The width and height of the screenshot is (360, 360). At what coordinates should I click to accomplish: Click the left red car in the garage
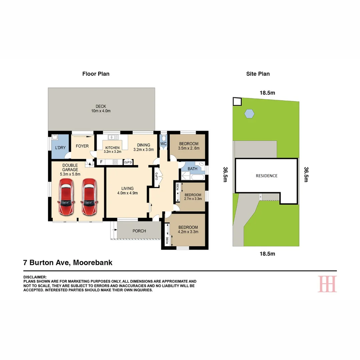(x=66, y=197)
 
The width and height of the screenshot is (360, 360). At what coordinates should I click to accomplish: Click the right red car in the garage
(x=89, y=197)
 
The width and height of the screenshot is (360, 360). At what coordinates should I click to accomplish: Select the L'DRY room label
(x=60, y=147)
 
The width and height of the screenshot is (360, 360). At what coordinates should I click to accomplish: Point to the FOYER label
(x=82, y=146)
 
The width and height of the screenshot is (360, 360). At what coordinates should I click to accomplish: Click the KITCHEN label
(x=112, y=148)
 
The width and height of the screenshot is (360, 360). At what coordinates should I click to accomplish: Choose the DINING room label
(x=144, y=145)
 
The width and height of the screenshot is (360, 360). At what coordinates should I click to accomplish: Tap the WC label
(x=163, y=144)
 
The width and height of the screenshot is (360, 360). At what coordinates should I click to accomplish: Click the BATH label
(x=192, y=169)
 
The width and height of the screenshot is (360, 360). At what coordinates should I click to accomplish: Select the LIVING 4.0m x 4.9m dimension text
(x=127, y=193)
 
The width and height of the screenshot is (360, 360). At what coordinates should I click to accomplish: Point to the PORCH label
(x=139, y=231)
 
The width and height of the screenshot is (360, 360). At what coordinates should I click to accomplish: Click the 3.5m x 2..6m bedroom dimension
(x=189, y=148)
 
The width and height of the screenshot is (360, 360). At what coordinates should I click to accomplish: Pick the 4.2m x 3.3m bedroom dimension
(x=188, y=232)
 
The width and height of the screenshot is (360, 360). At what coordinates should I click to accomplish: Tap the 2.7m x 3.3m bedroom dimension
(x=193, y=199)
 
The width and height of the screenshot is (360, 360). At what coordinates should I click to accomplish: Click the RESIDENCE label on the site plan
(x=266, y=176)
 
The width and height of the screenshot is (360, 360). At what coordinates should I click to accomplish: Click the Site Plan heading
(x=258, y=74)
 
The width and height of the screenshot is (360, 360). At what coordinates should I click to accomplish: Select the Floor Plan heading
(x=96, y=74)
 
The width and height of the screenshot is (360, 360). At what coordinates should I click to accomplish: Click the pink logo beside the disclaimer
(x=327, y=284)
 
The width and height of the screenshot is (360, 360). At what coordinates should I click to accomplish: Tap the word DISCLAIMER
(x=35, y=277)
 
